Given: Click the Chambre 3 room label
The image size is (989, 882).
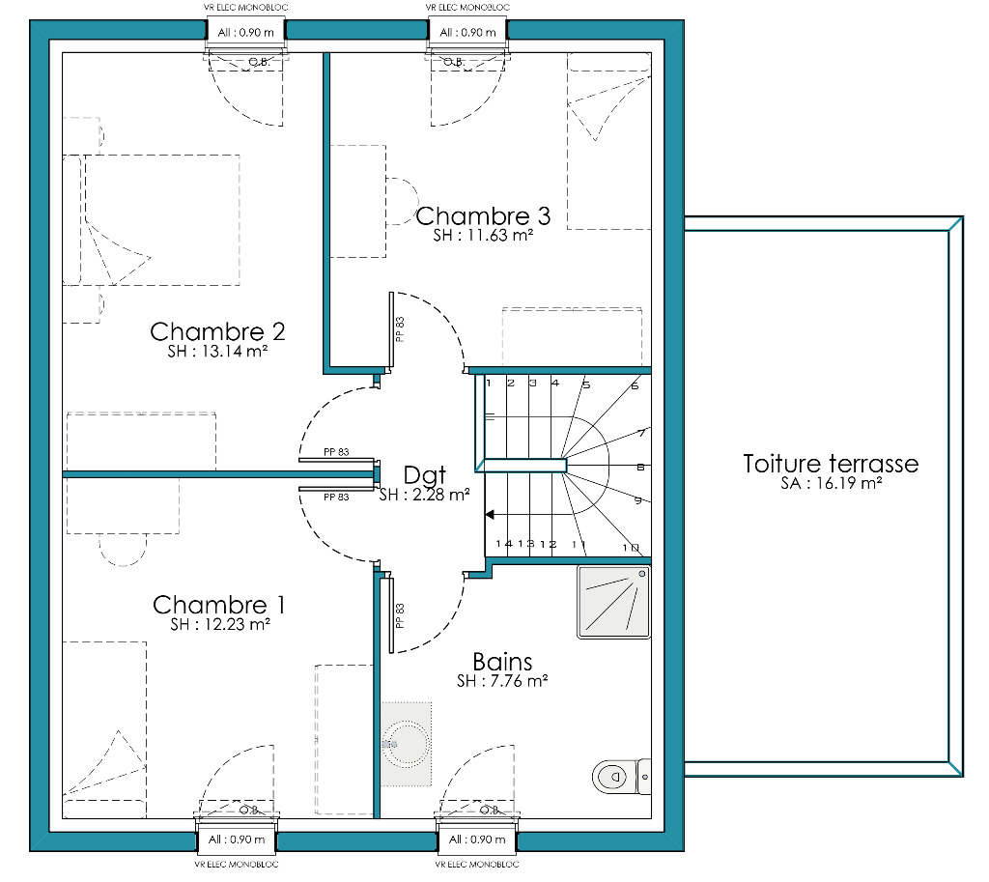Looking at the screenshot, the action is [x=483, y=215].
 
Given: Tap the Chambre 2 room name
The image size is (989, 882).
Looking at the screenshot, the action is [x=217, y=331].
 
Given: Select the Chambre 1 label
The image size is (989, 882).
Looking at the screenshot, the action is [x=219, y=605].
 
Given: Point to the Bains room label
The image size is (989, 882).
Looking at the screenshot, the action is [x=502, y=661].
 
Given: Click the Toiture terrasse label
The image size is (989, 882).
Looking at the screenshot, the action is [x=831, y=464].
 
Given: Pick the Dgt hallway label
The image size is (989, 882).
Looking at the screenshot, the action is [x=425, y=475].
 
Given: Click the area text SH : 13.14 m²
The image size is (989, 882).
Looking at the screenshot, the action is [x=217, y=352].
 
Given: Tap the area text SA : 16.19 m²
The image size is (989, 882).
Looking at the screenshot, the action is [x=831, y=483].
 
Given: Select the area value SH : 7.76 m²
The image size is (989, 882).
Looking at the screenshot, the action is [x=502, y=681].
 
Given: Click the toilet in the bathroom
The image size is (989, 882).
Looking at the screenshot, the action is [x=621, y=776].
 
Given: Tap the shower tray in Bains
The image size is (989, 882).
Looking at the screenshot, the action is [x=613, y=602].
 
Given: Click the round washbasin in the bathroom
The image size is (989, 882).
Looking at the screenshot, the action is [x=407, y=745].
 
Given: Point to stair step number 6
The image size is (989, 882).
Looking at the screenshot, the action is [x=635, y=385].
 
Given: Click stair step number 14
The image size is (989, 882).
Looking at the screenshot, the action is [x=504, y=544].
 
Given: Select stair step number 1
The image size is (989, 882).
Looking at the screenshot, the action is [x=488, y=383].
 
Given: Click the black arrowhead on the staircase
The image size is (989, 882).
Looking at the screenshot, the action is [x=490, y=515].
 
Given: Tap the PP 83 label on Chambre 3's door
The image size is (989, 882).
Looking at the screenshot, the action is [x=399, y=329].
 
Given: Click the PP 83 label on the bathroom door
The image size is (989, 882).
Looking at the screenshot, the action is [x=399, y=615].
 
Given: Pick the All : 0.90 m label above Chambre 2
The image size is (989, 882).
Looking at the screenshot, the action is [x=246, y=32].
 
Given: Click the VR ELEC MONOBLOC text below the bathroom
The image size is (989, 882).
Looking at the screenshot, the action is [x=477, y=865].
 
